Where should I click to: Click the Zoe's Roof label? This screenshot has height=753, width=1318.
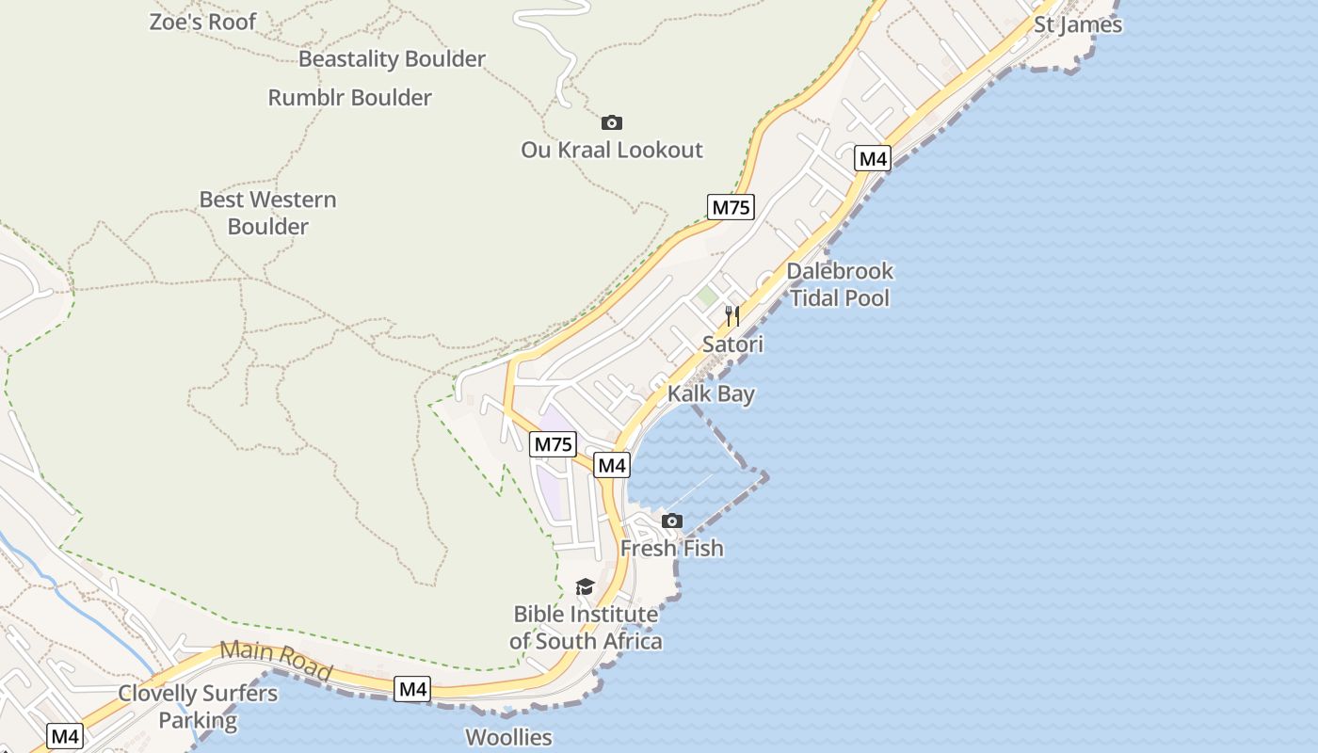[x=202, y=22]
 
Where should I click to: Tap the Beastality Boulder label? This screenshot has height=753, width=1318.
[x=392, y=58]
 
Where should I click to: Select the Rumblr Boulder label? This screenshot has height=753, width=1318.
[x=349, y=97]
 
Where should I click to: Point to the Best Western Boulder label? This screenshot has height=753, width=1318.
[x=267, y=213]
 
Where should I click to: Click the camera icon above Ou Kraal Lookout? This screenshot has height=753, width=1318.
[x=612, y=122]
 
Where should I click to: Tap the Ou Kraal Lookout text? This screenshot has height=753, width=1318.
[x=612, y=150]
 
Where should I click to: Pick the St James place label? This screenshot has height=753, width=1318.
[x=1078, y=24]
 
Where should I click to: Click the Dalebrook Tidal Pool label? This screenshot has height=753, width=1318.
[x=840, y=284]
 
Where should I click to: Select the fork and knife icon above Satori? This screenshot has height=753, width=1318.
[x=732, y=316]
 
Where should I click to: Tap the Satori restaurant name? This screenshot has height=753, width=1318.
[x=732, y=344]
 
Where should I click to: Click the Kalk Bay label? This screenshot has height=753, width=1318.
[x=711, y=393]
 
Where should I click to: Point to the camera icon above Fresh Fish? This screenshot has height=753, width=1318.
[x=671, y=521]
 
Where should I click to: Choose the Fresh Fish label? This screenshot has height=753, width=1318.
[x=671, y=548]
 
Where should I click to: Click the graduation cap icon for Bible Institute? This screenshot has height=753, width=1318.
[x=585, y=587]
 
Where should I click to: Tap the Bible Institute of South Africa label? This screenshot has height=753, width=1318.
[x=586, y=628]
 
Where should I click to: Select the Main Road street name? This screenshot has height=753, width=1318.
[x=275, y=661]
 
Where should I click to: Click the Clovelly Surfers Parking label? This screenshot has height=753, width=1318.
[x=198, y=708]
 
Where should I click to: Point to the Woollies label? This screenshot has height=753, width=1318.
[x=508, y=737]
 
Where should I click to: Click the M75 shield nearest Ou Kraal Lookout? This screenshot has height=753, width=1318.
[x=731, y=207]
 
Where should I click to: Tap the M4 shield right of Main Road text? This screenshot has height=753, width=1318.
[x=413, y=689]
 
